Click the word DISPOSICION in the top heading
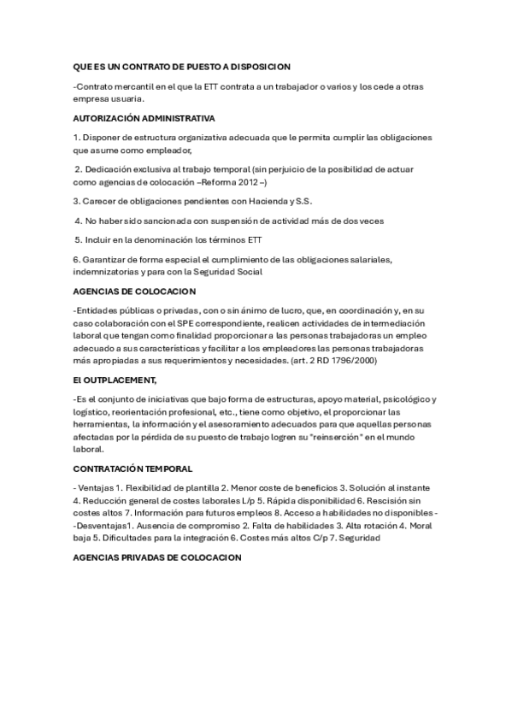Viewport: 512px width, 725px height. (260, 66)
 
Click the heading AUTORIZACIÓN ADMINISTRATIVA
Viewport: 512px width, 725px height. (144, 118)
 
